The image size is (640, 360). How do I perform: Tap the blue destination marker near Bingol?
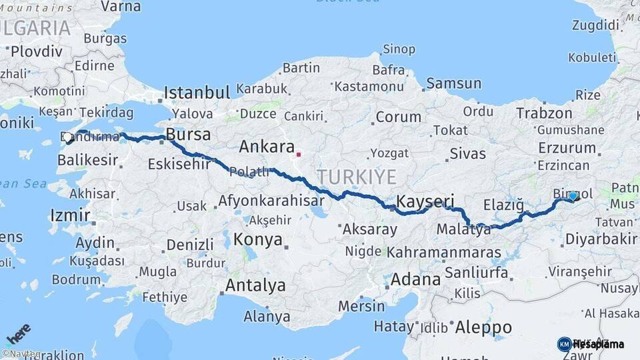click(x=573, y=195)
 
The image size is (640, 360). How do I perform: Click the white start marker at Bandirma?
click(x=68, y=138)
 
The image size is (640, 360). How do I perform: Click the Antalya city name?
click(x=255, y=286)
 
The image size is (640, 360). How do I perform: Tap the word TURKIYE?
click(x=356, y=177)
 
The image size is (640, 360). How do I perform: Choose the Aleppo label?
click(x=483, y=327)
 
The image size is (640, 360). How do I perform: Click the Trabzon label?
click(x=544, y=113)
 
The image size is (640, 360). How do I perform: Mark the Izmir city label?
click(x=70, y=216)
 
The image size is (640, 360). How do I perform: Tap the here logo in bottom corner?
click(x=18, y=333)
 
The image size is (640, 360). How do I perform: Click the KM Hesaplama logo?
click(x=591, y=344)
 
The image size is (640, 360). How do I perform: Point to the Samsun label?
click(x=453, y=84)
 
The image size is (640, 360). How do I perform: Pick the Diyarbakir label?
click(x=601, y=239)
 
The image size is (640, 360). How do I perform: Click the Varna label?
click(x=121, y=7)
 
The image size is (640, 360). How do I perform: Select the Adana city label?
click(x=415, y=279)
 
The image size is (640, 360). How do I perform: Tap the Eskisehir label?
click(x=179, y=164)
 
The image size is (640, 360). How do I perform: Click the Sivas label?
click(x=467, y=153)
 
